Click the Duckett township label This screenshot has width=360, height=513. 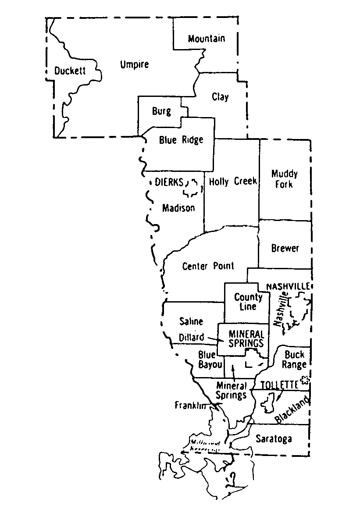click(x=70, y=71)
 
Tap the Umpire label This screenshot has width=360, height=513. click(x=134, y=64)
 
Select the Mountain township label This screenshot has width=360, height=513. click(x=207, y=39)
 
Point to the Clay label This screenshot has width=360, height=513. click(x=220, y=96)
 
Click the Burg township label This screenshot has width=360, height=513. click(x=161, y=111)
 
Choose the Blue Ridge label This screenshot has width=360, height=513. click(x=181, y=140)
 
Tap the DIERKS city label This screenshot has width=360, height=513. click(x=169, y=182)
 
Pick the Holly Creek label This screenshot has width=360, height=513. click(x=233, y=181)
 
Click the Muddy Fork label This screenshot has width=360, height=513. click(x=285, y=179)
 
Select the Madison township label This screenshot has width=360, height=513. click(x=178, y=208)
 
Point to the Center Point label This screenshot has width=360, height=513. click(x=208, y=266)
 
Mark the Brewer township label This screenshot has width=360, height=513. click(x=285, y=248)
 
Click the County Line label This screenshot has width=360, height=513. click(x=248, y=302)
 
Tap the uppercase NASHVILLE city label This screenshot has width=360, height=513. click(x=288, y=286)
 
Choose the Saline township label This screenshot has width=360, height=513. click(x=192, y=321)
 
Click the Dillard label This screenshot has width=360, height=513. click(x=192, y=337)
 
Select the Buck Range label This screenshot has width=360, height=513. click(x=294, y=359)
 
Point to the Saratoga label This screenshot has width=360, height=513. click(x=274, y=439)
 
